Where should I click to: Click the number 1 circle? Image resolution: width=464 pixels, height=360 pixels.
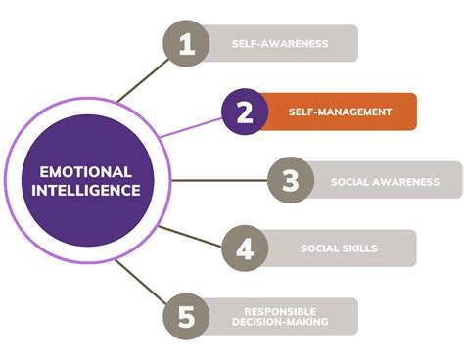click(x=186, y=44)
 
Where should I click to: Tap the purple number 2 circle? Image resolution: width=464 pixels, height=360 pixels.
click(x=246, y=112)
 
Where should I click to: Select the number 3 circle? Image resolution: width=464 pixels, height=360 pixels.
click(x=292, y=181)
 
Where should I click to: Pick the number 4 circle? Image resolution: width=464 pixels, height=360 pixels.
click(x=246, y=248)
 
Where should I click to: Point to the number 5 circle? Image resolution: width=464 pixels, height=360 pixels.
click(x=186, y=316)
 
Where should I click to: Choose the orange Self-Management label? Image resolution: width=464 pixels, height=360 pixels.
click(x=341, y=112)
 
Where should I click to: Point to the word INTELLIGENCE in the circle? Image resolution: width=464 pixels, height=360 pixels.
click(x=84, y=189)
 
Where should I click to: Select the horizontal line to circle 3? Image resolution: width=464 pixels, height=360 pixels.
click(x=215, y=181)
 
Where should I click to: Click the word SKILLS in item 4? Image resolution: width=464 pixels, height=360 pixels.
click(x=361, y=248)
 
